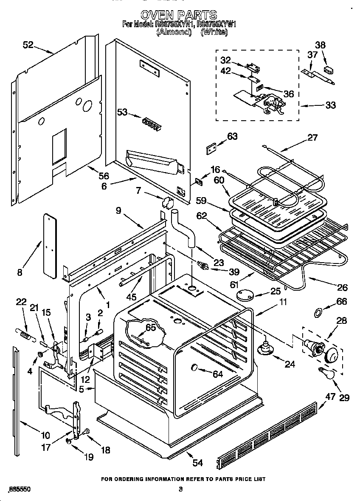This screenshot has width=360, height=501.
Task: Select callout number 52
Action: pyautogui.click(x=28, y=44)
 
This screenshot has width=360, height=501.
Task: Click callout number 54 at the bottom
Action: pyautogui.click(x=198, y=463)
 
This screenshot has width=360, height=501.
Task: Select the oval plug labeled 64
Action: pyautogui.click(x=195, y=367)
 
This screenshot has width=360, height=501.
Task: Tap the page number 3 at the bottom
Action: pyautogui.click(x=180, y=490)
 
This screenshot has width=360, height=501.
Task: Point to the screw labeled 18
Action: pyautogui.click(x=87, y=432)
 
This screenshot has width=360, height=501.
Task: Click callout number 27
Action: pyautogui.click(x=312, y=137)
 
